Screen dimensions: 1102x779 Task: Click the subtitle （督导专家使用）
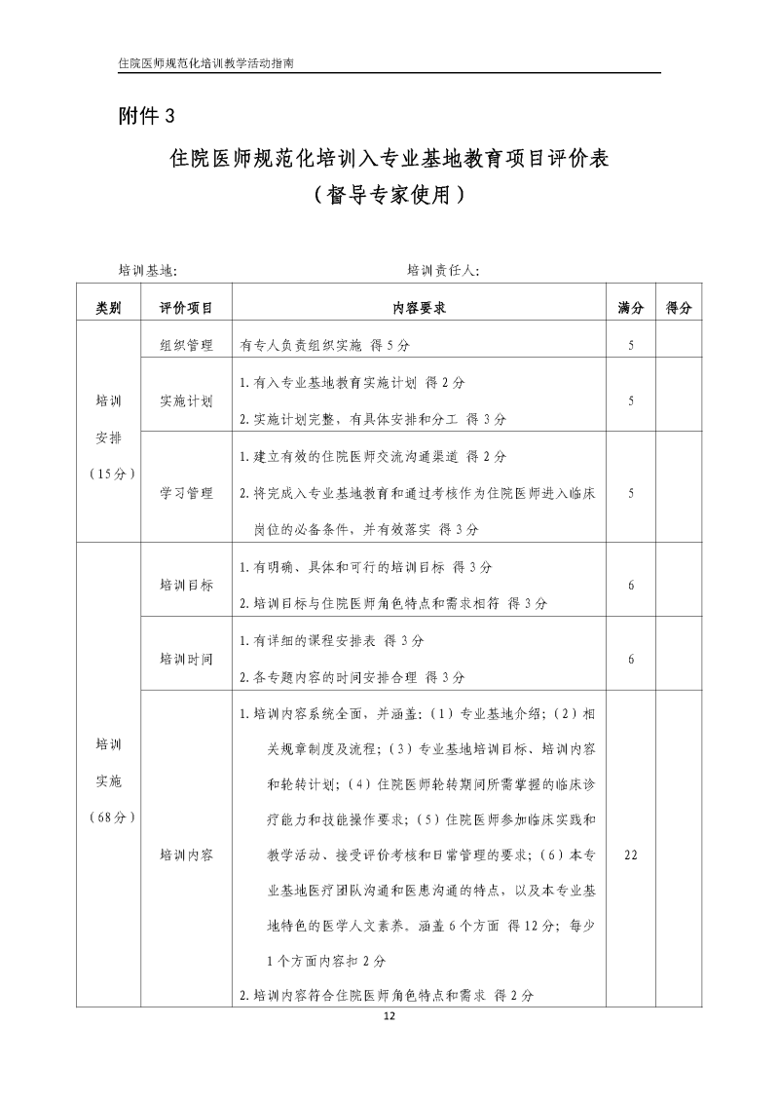[389, 194]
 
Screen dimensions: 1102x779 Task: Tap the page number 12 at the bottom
[389, 1016]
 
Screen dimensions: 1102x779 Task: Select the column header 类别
[108, 307]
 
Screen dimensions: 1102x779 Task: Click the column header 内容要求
[419, 307]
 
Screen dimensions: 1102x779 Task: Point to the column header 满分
[631, 307]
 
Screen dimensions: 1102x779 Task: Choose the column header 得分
[679, 307]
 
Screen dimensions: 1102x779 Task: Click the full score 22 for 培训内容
[631, 855]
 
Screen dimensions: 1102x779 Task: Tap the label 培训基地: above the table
[147, 270]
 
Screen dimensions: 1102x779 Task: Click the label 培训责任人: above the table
[443, 270]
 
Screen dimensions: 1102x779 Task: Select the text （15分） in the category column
[109, 475]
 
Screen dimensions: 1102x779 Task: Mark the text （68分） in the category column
[109, 817]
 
